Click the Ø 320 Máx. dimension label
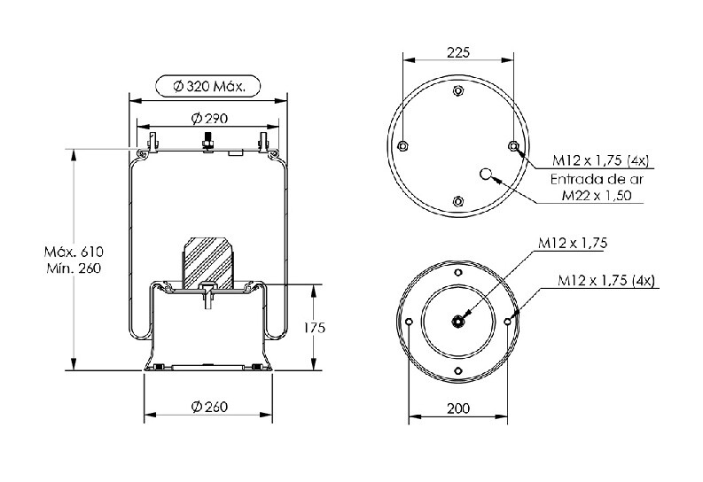[x=209, y=86]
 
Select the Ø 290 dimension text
[x=209, y=119]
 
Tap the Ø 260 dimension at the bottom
[x=209, y=407]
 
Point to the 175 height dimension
[x=314, y=328]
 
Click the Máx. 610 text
[x=74, y=252]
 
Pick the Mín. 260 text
[x=74, y=268]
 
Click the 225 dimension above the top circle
[x=458, y=53]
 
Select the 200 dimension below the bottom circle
[x=458, y=408]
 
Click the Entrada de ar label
[x=597, y=180]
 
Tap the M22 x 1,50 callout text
[x=597, y=196]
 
